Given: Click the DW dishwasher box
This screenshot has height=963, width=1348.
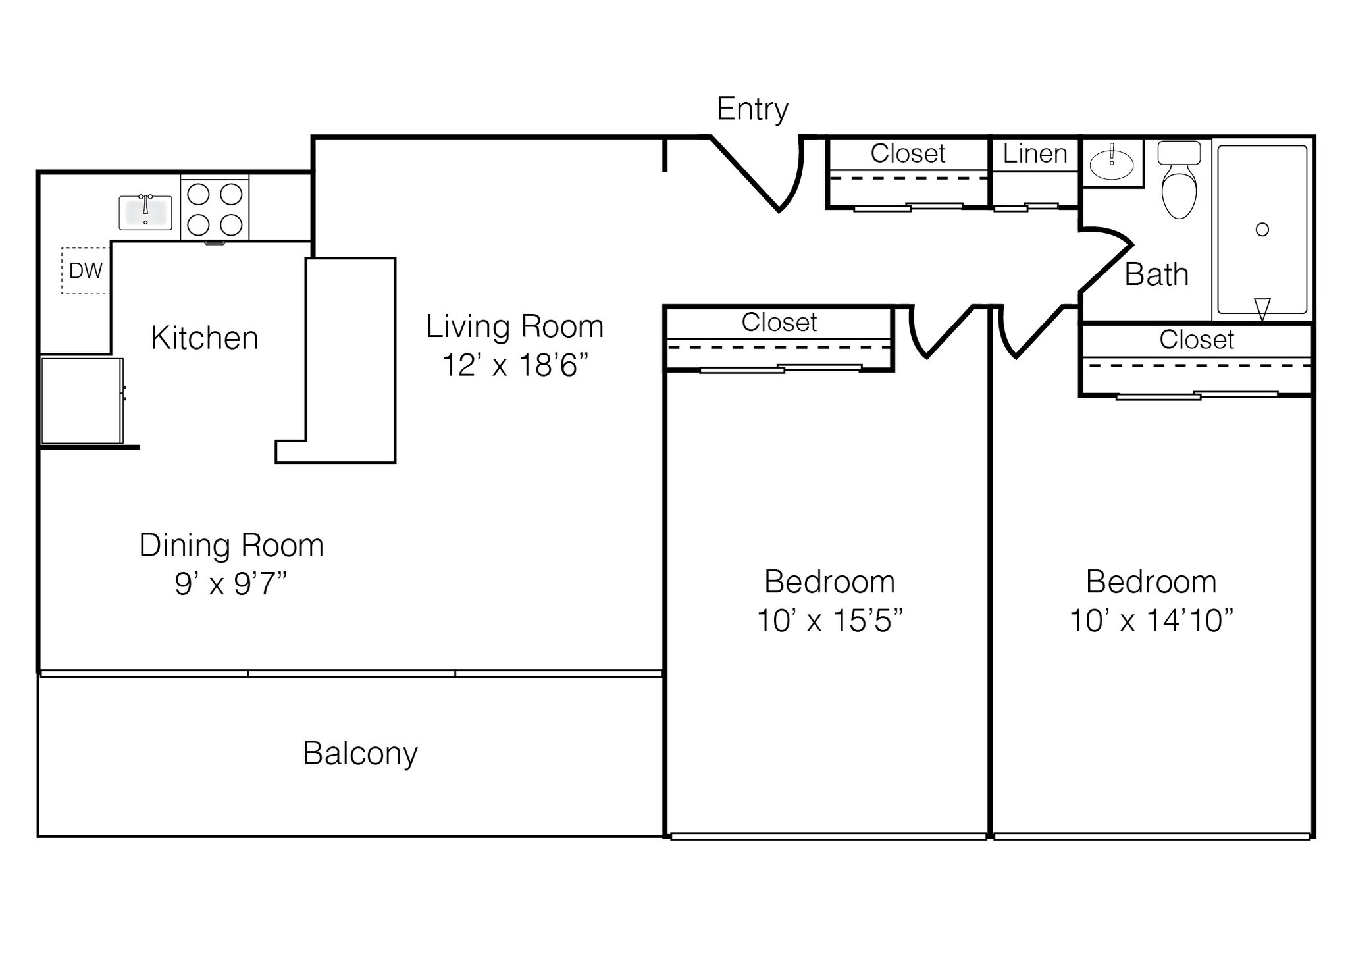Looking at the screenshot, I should (86, 271).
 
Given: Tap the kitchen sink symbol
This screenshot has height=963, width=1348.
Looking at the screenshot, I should (145, 213).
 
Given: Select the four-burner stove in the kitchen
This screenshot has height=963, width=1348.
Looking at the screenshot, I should (215, 209).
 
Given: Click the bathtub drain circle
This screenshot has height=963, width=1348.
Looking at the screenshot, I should (1262, 230).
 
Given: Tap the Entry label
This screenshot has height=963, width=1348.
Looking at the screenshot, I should (752, 109).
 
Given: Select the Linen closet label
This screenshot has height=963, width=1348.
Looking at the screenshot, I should (1035, 154).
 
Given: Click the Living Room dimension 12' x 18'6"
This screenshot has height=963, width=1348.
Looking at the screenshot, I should (515, 365).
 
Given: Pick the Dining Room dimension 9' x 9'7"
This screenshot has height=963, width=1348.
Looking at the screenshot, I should (231, 583).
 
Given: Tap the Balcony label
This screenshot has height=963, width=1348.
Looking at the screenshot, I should (360, 753).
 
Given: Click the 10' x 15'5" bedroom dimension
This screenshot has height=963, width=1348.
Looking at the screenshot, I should (829, 620).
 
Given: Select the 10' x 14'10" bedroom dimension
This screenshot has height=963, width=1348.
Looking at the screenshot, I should (1151, 620).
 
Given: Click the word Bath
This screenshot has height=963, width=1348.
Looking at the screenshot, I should (1156, 274).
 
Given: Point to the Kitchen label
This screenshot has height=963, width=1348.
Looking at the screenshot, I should (204, 338).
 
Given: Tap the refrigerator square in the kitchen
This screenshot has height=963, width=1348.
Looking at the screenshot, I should (81, 400).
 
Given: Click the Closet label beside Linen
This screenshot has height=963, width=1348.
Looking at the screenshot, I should (908, 154).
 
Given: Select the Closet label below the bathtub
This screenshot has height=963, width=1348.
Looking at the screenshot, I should (1196, 340).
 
